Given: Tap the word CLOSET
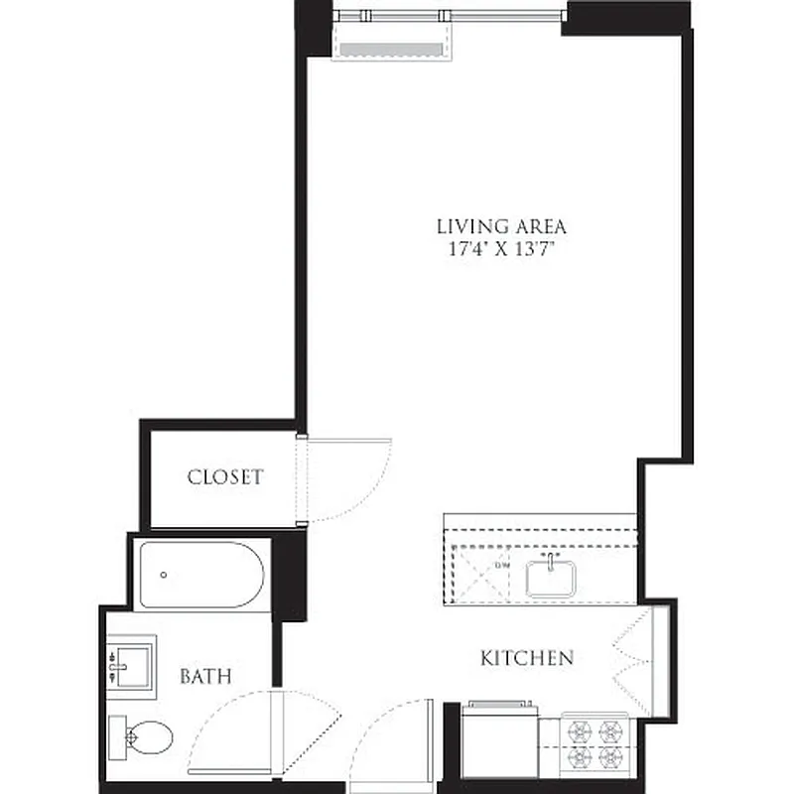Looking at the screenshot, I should point(225,476).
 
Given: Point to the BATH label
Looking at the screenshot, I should point(205,677).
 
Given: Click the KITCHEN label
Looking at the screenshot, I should point(526,657).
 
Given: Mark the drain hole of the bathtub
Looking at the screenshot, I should point(163,575).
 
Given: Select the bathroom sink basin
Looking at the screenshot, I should point(130,660).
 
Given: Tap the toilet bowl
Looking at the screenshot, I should point(150,736).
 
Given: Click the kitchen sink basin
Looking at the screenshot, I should point(552,578).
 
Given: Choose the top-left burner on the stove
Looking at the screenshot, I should point(579,730).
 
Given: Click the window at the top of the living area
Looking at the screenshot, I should point(447,15).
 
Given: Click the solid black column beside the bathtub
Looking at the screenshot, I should point(288,576).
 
